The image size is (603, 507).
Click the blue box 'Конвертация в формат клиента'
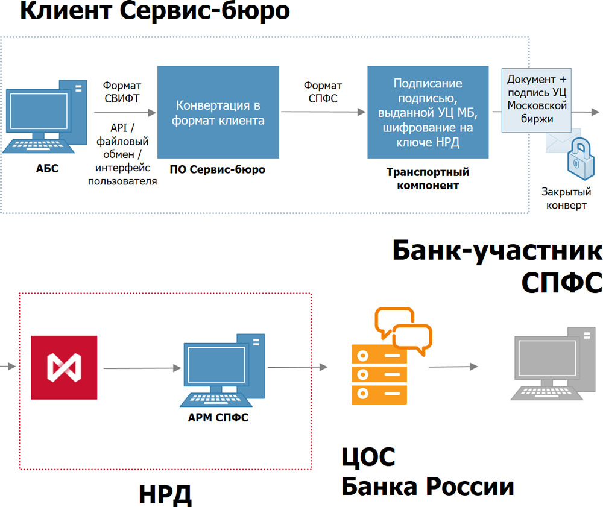coord(218,112)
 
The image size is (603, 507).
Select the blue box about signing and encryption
coord(428,112)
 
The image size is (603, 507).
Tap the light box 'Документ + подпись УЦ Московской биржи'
coord(537,100)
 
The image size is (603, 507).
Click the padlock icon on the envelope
coord(581,159)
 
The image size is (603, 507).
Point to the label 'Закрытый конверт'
coord(566,198)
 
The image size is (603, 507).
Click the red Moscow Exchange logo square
coord(65,368)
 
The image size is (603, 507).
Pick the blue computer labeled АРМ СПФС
coord(223,370)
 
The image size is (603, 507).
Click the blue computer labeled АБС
coord(45,117)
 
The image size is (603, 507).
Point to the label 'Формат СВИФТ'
coord(122,92)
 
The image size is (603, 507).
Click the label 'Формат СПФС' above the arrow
coord(323,92)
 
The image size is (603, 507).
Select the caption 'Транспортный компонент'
coord(428,178)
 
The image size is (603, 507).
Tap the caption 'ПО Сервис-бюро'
coord(218,169)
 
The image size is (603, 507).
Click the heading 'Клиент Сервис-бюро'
coord(155,11)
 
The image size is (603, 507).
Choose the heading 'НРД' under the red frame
coord(165,494)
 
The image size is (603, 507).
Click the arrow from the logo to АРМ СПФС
coord(142,368)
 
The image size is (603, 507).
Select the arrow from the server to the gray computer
coord(453,367)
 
